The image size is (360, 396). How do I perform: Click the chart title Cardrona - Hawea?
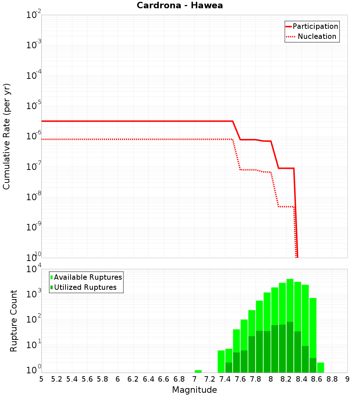(x=180, y=5)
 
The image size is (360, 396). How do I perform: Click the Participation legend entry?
(x=312, y=26)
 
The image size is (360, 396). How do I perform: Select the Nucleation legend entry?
(x=312, y=36)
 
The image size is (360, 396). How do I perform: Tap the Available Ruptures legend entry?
(x=86, y=277)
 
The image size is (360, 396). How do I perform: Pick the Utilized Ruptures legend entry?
(x=83, y=287)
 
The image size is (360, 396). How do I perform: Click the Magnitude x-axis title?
(x=194, y=390)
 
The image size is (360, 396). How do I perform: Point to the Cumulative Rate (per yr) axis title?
(x=6, y=136)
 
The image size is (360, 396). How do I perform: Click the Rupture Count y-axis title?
(x=14, y=320)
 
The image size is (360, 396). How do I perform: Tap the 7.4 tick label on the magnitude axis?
(x=225, y=379)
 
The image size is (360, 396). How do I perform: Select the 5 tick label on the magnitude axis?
(x=41, y=379)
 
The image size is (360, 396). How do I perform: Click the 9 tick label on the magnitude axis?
(x=347, y=379)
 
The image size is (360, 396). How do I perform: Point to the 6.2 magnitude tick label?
(x=133, y=379)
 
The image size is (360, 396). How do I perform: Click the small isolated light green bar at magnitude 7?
(x=198, y=371)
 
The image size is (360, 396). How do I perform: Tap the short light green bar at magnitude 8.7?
(x=320, y=368)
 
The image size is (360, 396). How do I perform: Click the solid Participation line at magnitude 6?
(x=118, y=121)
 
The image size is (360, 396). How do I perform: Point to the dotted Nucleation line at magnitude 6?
(x=118, y=139)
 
